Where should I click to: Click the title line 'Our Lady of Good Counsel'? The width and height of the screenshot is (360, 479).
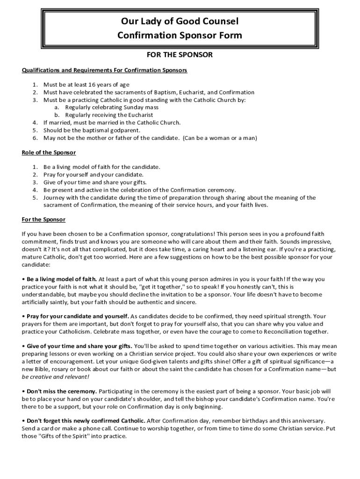coord(180,22)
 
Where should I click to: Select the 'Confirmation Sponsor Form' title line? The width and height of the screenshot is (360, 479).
coord(180,36)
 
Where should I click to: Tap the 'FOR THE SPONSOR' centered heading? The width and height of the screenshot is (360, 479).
coord(180,55)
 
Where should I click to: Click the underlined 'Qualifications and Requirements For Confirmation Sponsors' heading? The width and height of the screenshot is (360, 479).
coord(105,70)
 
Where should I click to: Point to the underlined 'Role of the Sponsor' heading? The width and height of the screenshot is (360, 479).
coord(49,152)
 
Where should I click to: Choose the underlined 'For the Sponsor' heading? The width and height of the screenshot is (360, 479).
coord(44,219)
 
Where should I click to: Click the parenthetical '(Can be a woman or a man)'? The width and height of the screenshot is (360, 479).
coord(220,138)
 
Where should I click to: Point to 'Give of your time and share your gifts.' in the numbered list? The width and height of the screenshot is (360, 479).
coord(95,182)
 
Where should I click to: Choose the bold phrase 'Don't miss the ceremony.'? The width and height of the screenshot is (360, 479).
coord(62,391)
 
